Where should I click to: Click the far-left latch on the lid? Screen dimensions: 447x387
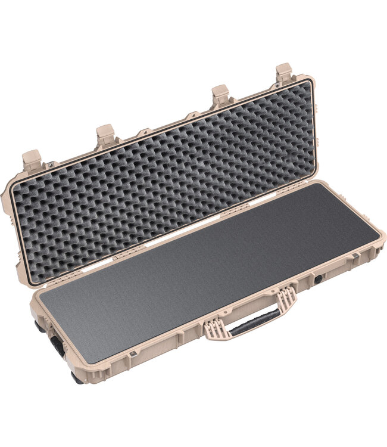coord(32,161)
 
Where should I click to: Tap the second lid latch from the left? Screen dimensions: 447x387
coord(106,135)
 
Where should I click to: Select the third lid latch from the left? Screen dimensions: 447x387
coord(220,95)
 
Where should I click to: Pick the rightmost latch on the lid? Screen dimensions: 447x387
coord(284,73)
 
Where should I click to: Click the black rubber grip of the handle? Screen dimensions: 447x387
coord(254,322)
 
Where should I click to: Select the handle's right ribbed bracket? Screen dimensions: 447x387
coord(286,297)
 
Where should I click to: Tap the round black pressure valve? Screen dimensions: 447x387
coord(319,278)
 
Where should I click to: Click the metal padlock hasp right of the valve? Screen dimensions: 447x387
coord(355,256)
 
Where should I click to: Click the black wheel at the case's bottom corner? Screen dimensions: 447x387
coord(77,377)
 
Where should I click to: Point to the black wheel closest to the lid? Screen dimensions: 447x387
coord(39,325)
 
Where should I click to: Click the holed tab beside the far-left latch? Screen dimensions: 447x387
coord(50,164)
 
